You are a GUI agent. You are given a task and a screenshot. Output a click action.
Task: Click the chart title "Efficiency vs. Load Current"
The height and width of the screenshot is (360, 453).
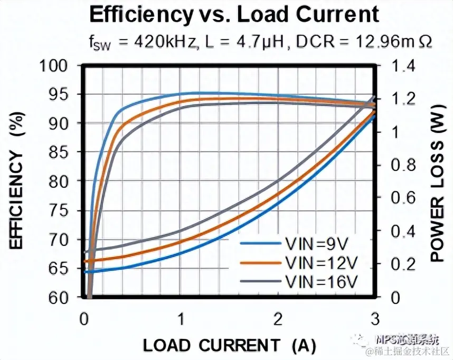pyautogui.click(x=234, y=14)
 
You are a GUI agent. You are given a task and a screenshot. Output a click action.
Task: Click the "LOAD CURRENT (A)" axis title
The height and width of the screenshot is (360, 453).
pyautogui.click(x=230, y=345)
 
